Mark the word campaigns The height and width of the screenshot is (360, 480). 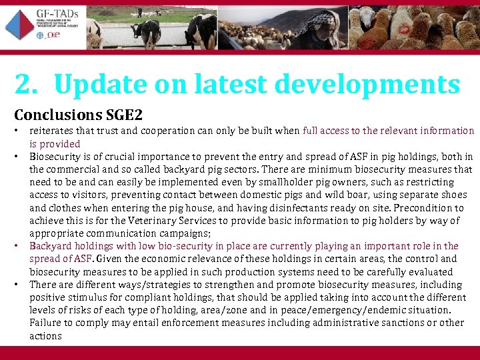(181, 233)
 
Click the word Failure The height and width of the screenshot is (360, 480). (45, 323)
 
